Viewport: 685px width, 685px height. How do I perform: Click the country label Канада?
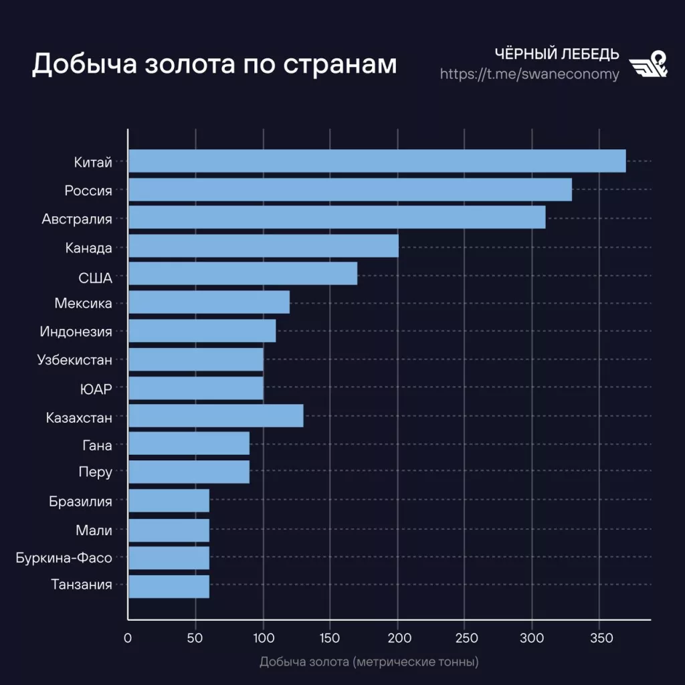89,248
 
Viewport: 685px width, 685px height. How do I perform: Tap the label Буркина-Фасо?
64,557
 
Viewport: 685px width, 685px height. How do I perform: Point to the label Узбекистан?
75,360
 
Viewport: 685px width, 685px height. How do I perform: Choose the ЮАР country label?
96,389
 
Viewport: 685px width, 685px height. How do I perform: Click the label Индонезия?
76,332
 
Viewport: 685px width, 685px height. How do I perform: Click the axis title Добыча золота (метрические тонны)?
369,663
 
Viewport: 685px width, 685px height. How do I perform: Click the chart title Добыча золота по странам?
214,64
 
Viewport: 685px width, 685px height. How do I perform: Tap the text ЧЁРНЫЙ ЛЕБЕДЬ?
557,54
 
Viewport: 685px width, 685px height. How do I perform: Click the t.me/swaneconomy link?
529,74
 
